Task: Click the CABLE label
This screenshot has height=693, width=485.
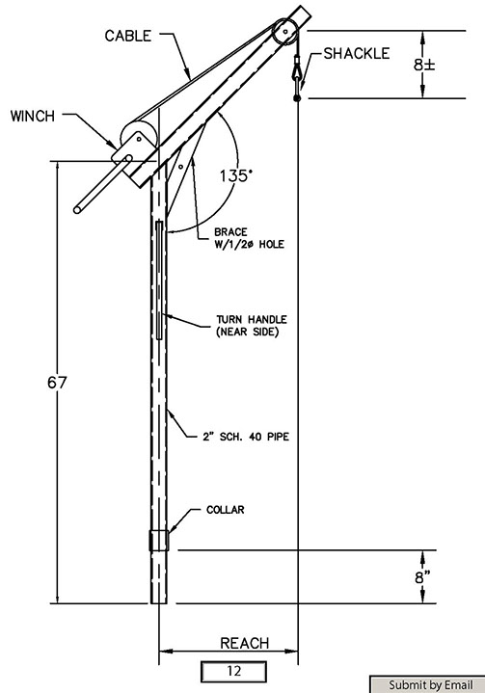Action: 128,36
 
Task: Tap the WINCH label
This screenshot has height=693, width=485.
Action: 33,117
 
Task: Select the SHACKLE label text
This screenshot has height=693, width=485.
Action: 357,53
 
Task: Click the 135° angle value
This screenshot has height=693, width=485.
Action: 236,176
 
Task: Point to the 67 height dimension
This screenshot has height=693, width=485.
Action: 57,383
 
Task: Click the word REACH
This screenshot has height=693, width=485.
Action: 245,643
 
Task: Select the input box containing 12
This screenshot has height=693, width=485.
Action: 234,672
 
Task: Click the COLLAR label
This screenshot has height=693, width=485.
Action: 226,510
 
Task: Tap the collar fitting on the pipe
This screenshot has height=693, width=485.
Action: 159,540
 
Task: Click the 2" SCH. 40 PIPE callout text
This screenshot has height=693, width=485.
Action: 246,437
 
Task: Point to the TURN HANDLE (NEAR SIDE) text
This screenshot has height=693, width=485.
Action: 252,325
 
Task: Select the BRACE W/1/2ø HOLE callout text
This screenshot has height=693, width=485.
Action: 250,238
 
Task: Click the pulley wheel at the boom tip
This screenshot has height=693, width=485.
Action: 285,32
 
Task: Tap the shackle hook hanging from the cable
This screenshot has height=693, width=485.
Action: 297,77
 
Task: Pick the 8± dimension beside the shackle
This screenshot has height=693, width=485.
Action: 424,65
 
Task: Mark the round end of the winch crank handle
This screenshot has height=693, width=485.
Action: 77,209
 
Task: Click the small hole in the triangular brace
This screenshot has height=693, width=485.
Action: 181,167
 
